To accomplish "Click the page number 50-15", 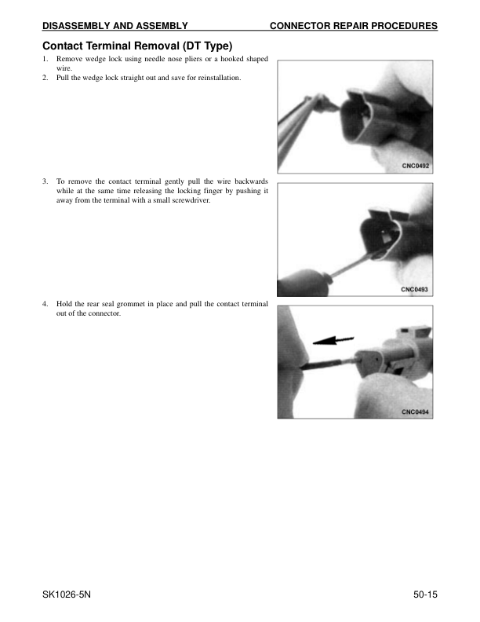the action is tap(425, 595).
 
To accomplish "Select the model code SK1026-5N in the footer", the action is tap(67, 595).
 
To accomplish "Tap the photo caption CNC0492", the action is tap(416, 166).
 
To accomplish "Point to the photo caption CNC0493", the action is tap(414, 289).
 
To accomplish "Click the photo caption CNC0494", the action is tap(415, 412).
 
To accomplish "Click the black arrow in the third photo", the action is tap(333, 340).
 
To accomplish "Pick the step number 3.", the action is tap(45, 181).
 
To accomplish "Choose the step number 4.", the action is tap(45, 304).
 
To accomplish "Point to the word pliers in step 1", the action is tap(193, 59).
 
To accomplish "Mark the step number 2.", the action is tap(45, 78).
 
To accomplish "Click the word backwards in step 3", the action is tap(251, 181).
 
